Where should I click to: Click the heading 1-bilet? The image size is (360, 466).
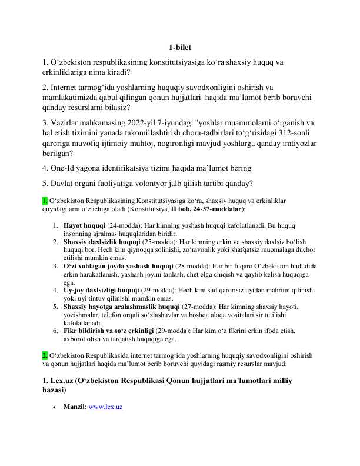pyautogui.click(x=179, y=48)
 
